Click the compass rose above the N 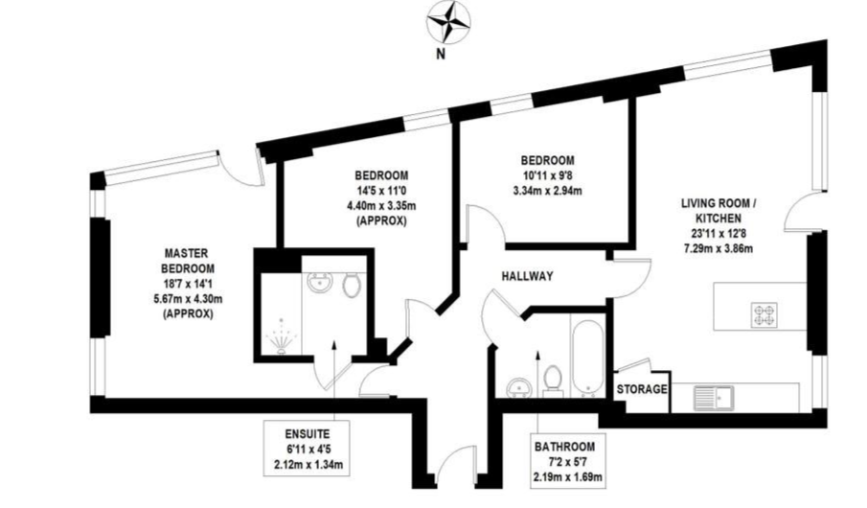pyautogui.click(x=448, y=23)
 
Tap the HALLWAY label pyautogui.click(x=527, y=276)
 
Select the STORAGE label pyautogui.click(x=642, y=389)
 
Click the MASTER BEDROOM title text pyautogui.click(x=188, y=262)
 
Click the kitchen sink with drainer pyautogui.click(x=714, y=398)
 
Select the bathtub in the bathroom pyautogui.click(x=586, y=358)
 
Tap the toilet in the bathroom pyautogui.click(x=553, y=381)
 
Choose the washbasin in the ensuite pyautogui.click(x=320, y=283)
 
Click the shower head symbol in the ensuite pyautogui.click(x=282, y=335)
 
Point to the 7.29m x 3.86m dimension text pyautogui.click(x=719, y=248)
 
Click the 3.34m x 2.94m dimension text pyautogui.click(x=547, y=191)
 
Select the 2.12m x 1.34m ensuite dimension pyautogui.click(x=308, y=465)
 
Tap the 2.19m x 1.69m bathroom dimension pyautogui.click(x=567, y=477)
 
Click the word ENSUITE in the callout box pyautogui.click(x=308, y=434)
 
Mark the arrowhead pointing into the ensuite pyautogui.click(x=334, y=346)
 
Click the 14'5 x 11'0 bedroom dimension pyautogui.click(x=381, y=191)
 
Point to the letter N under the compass pyautogui.click(x=441, y=55)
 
